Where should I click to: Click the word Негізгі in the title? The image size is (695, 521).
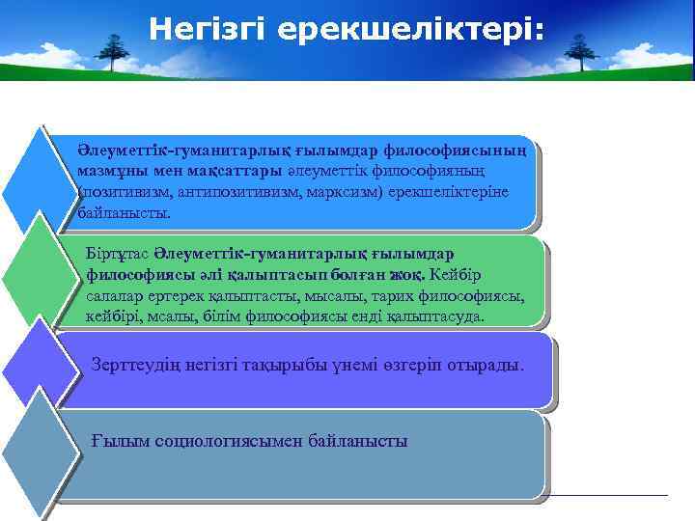pyautogui.click(x=208, y=30)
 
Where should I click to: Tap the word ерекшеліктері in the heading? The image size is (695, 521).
pyautogui.click(x=409, y=30)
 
